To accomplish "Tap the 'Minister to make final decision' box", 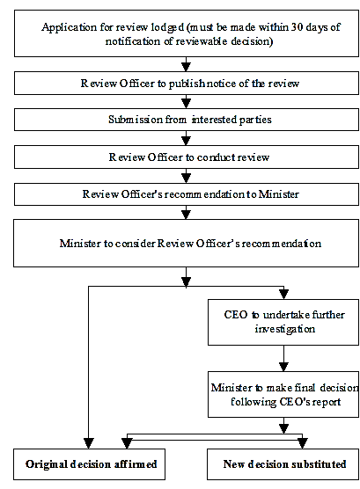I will click(x=282, y=393).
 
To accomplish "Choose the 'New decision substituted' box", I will click(x=282, y=463).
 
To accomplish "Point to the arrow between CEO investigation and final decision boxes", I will click(x=282, y=359).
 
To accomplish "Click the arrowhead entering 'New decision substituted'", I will click(x=303, y=443).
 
